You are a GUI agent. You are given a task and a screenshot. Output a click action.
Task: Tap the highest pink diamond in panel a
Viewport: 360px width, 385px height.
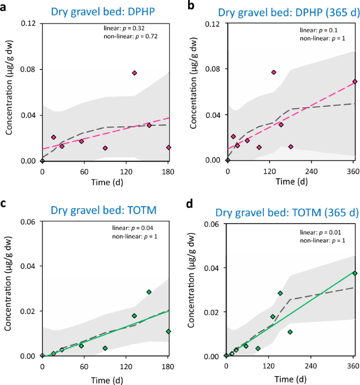tap(135, 73)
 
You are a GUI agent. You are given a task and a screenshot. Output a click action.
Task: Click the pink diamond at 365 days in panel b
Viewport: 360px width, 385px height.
tap(355, 82)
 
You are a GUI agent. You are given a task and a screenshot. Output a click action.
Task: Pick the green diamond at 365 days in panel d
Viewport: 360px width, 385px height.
tap(355, 273)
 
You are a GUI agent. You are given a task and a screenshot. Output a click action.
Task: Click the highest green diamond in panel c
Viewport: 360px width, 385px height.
tap(149, 292)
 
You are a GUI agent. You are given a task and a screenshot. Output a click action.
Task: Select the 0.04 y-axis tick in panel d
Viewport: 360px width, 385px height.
tap(213, 268)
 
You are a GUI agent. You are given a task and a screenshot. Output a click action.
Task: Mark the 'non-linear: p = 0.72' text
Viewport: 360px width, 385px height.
tap(130, 37)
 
